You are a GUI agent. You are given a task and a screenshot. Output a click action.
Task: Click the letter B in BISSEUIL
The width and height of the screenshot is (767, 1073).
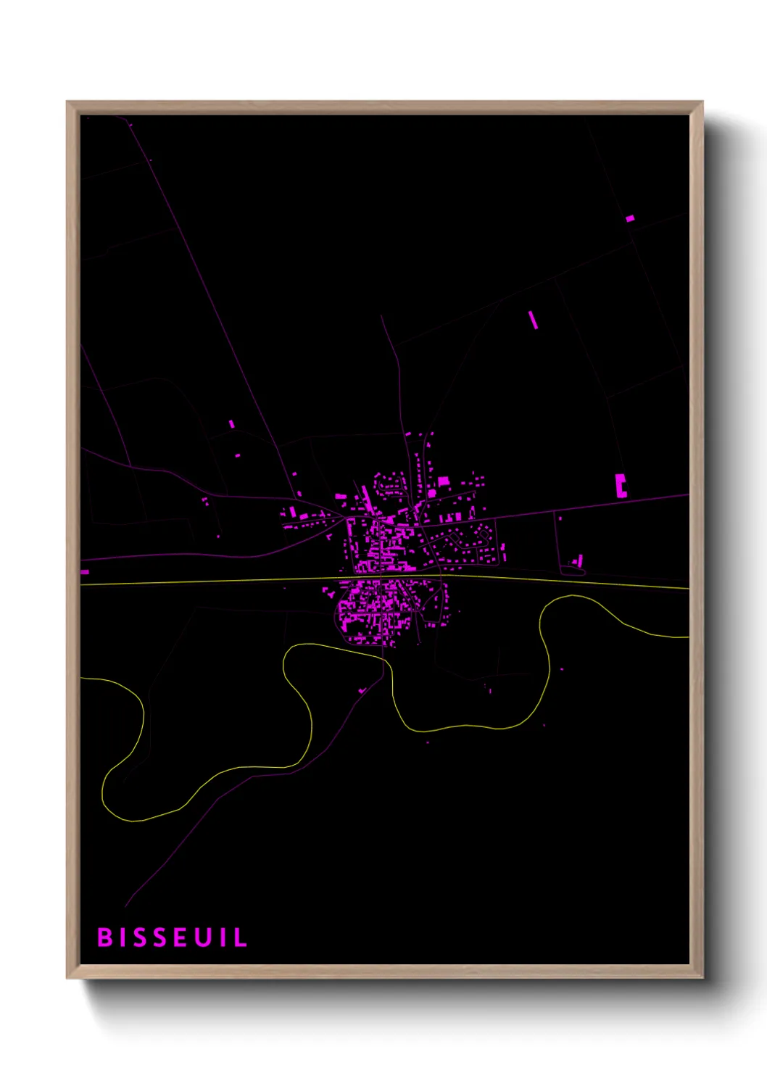point(105,937)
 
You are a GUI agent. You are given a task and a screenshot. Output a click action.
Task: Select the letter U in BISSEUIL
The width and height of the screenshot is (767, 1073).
point(204,937)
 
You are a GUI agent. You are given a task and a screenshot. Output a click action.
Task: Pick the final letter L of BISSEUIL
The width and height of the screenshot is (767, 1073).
point(240,937)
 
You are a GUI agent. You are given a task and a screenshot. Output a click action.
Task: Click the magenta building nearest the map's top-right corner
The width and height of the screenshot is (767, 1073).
point(630,217)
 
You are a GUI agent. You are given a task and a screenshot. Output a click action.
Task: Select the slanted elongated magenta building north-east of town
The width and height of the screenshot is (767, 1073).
point(534,320)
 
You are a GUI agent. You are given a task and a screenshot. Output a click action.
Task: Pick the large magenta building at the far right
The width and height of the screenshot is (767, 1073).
point(621,485)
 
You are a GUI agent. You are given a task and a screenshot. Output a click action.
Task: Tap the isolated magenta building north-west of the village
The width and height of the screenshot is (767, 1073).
point(232,424)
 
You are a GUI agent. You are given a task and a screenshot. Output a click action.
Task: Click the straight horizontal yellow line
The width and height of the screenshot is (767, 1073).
point(217,581)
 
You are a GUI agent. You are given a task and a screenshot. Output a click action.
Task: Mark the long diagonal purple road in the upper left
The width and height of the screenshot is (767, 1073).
point(210,290)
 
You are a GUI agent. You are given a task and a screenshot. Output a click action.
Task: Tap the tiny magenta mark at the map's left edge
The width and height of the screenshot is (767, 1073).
point(85,572)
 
